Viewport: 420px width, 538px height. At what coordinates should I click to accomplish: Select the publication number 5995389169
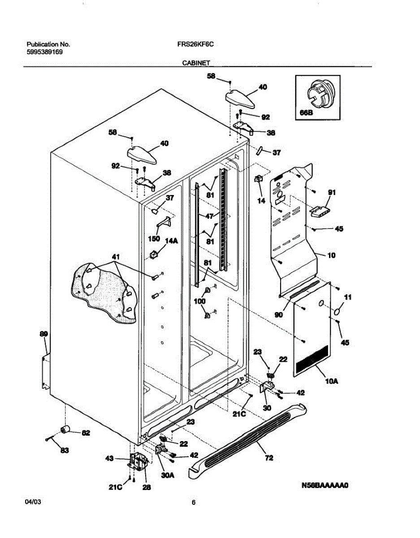click(44, 52)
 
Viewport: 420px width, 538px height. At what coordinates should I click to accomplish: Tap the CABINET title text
click(196, 63)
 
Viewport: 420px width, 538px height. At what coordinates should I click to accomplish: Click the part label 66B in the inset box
click(306, 113)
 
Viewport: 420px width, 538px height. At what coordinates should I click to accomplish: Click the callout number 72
click(269, 458)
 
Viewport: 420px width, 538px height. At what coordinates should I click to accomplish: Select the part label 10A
click(332, 381)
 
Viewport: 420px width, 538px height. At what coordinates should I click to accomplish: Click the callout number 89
click(44, 334)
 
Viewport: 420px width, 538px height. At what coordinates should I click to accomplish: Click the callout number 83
click(65, 451)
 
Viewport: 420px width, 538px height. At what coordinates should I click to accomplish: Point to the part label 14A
click(172, 241)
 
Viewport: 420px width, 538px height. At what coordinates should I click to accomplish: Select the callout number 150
click(154, 239)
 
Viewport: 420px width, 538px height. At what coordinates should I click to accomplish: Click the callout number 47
click(209, 216)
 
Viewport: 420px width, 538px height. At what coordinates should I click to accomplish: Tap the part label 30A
click(168, 475)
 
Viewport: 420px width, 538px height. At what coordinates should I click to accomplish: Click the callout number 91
click(332, 192)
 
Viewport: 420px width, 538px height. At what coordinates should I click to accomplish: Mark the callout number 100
click(199, 301)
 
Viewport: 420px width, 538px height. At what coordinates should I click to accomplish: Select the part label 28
click(147, 487)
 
